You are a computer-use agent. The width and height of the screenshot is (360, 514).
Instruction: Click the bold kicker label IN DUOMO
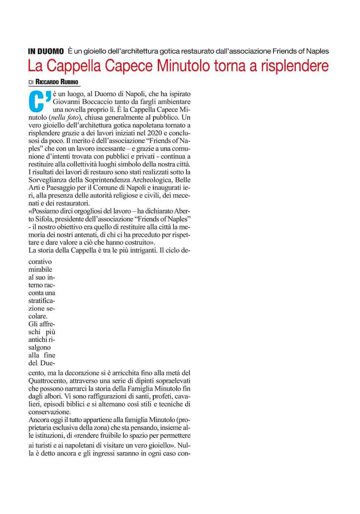click(46, 51)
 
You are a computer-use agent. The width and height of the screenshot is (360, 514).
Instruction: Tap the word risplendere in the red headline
click(295, 66)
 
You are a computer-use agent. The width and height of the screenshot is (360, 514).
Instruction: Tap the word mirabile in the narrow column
click(40, 270)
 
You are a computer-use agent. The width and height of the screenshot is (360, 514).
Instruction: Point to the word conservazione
click(49, 412)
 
